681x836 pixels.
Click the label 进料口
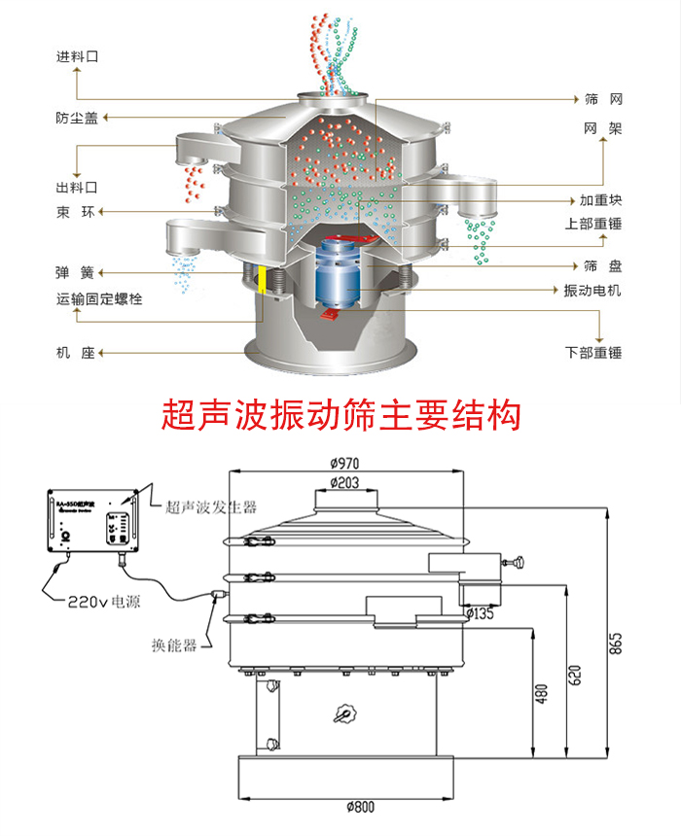(77, 57)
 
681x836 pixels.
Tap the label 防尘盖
(77, 119)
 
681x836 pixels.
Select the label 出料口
(77, 186)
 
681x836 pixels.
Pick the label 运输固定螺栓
(99, 299)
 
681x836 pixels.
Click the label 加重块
(600, 200)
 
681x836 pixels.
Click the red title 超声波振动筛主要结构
(340, 415)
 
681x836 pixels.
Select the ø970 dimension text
(344, 465)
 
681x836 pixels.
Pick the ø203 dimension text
(344, 483)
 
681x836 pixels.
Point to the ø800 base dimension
(359, 806)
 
